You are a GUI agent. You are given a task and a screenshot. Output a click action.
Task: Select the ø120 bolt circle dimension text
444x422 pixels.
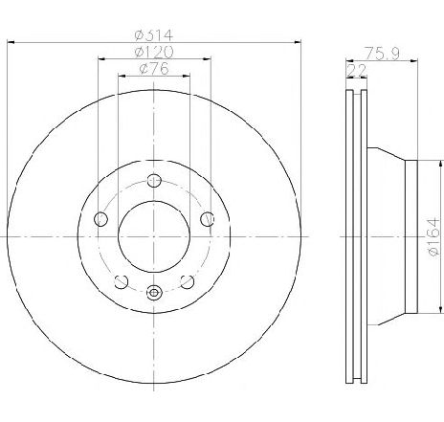pos(153,50)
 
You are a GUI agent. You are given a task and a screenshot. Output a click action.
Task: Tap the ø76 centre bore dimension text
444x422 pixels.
pos(153,68)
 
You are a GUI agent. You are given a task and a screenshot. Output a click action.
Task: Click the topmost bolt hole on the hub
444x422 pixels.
pos(153,178)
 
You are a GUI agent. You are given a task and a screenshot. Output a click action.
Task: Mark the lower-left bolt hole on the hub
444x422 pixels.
pos(121,279)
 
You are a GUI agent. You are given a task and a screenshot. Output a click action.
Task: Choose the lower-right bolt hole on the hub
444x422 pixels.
pos(186,279)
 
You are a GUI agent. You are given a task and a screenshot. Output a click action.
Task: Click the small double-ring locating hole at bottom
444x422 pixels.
pos(153,293)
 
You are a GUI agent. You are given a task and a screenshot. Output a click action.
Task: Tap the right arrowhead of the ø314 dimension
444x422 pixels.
pos(296,42)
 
